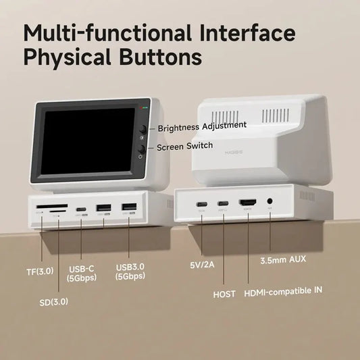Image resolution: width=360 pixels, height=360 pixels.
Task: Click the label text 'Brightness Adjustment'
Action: pos(202,125)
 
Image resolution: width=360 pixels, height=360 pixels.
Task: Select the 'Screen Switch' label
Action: pos(184,146)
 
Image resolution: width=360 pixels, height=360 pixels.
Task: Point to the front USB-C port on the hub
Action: pos(81,208)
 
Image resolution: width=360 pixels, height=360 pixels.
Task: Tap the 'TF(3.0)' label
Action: pos(40,272)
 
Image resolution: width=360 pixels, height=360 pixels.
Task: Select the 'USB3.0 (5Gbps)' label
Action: pos(130,272)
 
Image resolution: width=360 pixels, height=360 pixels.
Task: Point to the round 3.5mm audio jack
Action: pos(270,202)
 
